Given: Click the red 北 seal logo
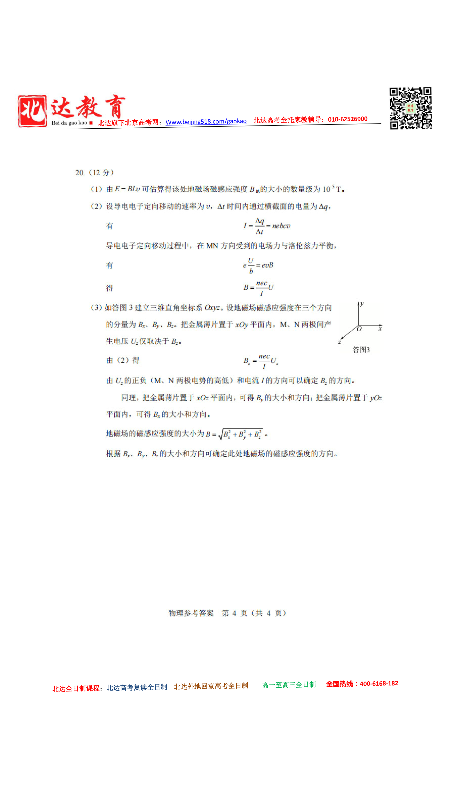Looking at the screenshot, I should pyautogui.click(x=32, y=111).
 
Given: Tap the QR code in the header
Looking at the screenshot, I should pyautogui.click(x=411, y=108).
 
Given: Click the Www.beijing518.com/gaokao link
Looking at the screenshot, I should pyautogui.click(x=206, y=121).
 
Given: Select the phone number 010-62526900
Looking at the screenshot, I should pyautogui.click(x=347, y=119).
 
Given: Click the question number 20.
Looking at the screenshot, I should pyautogui.click(x=79, y=173).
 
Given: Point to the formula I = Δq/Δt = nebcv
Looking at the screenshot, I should pyautogui.click(x=267, y=226).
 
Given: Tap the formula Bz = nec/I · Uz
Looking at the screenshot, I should pyautogui.click(x=261, y=361).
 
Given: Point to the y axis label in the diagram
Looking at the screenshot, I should pyautogui.click(x=362, y=304).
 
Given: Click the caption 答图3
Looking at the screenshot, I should pyautogui.click(x=361, y=350).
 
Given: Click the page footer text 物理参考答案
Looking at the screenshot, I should pyautogui.click(x=191, y=613).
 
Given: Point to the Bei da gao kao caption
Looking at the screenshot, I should pyautogui.click(x=69, y=123).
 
